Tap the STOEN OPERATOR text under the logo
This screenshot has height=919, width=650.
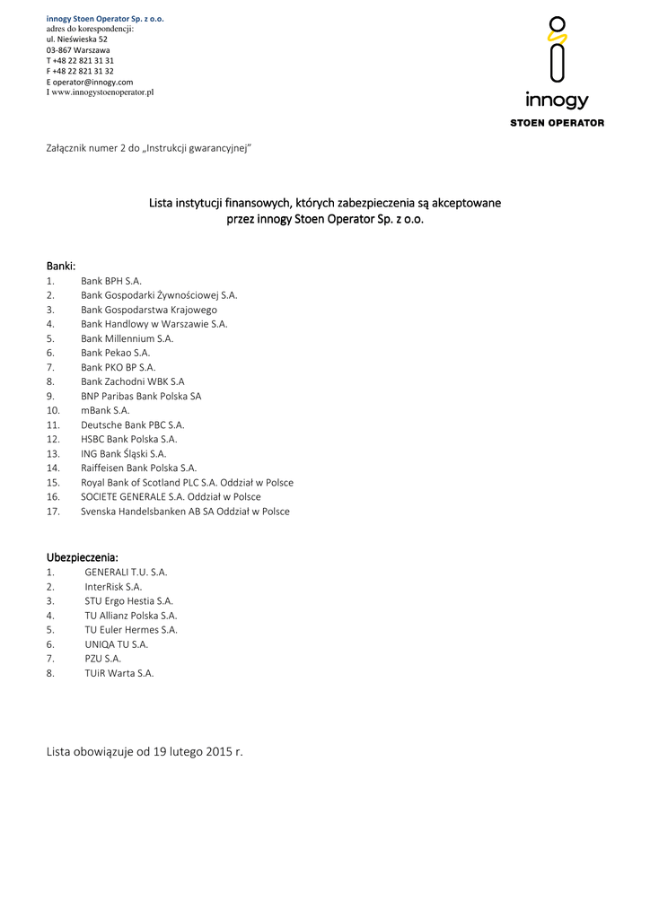point(557,123)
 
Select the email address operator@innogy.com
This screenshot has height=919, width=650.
point(92,82)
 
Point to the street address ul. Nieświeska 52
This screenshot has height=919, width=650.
point(77,39)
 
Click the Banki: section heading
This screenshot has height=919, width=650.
point(61,266)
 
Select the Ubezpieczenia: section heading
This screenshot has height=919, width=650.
point(83,556)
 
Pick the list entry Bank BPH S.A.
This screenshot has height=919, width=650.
point(111,281)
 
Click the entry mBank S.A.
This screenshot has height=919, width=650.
point(105,410)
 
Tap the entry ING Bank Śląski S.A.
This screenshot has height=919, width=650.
point(123,453)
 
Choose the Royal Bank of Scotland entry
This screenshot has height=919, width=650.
point(187,482)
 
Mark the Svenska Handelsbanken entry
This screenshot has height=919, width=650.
point(185,511)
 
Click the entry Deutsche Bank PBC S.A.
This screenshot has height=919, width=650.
point(132,424)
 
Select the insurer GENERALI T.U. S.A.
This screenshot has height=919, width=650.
point(126,572)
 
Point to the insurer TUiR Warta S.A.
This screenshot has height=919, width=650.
point(119,672)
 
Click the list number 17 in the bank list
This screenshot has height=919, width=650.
point(53,511)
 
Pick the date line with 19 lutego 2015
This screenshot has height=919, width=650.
point(145,751)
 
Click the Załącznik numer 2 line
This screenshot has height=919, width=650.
point(148,146)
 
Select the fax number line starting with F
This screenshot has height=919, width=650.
point(80,71)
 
